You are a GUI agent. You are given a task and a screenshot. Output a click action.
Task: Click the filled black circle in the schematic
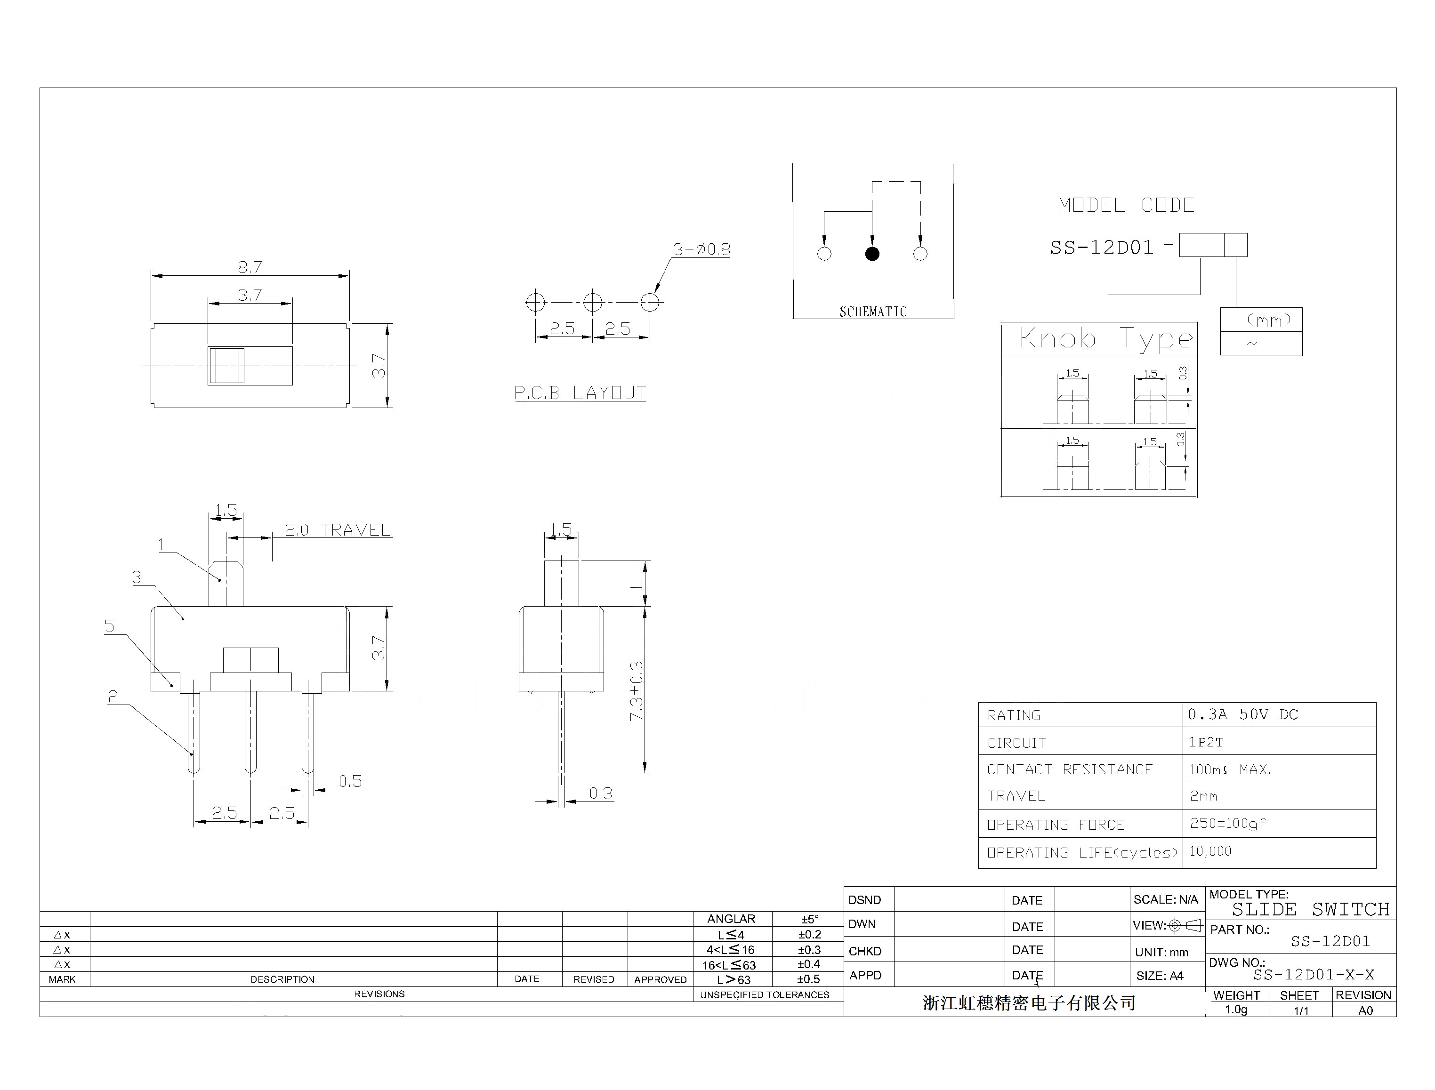tap(872, 254)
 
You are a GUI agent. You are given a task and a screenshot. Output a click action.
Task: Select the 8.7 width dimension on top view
tap(250, 267)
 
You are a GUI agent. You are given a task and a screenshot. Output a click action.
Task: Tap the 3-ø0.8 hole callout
tap(701, 249)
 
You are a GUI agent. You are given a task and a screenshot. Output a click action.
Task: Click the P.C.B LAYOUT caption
tap(580, 393)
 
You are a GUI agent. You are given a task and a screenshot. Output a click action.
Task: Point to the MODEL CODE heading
tap(1126, 206)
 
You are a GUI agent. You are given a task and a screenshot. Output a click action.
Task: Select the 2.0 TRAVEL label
tap(338, 530)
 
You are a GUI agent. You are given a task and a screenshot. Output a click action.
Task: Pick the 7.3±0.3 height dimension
tap(636, 690)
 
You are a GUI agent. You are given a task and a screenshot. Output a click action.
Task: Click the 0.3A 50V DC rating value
tap(1242, 714)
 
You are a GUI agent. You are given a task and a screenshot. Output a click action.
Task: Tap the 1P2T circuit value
tap(1206, 742)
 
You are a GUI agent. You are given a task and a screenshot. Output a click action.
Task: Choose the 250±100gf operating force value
tap(1227, 823)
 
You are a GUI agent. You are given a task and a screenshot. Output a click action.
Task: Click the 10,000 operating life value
tap(1210, 850)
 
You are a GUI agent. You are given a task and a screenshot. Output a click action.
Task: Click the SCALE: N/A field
tap(1166, 899)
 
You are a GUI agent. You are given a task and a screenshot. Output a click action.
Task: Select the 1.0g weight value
tap(1236, 1010)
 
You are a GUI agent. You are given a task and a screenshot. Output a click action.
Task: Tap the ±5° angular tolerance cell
tap(809, 919)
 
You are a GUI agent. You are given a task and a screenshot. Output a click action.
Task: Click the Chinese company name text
tap(1029, 1003)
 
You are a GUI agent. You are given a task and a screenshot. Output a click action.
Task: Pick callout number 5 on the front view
tap(109, 625)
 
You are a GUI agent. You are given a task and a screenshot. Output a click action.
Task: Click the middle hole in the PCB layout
tap(593, 302)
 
